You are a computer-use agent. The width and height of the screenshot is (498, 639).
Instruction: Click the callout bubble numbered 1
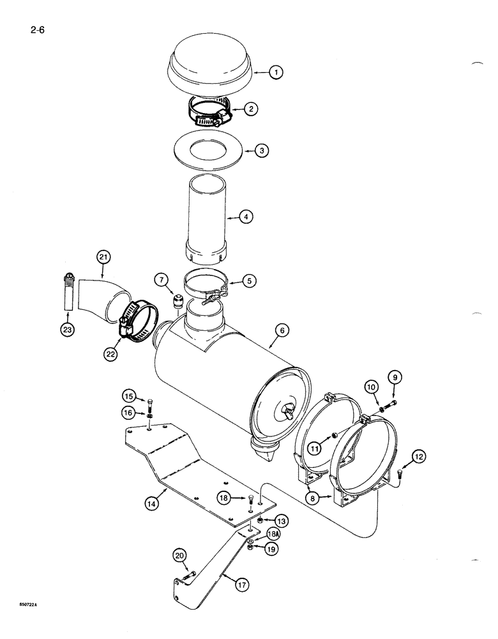275,72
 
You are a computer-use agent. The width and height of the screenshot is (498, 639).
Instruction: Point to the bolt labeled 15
149,406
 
